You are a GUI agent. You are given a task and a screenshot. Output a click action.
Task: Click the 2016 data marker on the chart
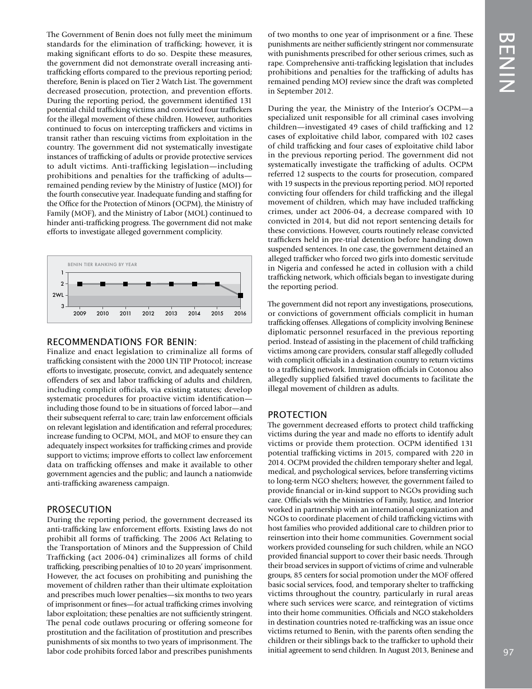[x=240, y=295]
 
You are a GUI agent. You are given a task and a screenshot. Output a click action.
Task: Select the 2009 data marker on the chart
[x=80, y=284]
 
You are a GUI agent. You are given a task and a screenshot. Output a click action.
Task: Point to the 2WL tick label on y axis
[x=58, y=295]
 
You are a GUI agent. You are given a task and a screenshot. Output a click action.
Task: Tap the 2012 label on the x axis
[x=148, y=314]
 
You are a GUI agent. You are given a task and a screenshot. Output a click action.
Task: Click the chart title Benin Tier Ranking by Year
[x=102, y=264]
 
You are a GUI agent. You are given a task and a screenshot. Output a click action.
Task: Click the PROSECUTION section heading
[x=79, y=509]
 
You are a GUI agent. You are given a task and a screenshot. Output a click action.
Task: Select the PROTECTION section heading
[x=297, y=415]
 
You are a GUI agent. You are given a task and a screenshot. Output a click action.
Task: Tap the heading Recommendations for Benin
[x=122, y=342]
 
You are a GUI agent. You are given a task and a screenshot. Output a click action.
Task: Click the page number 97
[x=508, y=652]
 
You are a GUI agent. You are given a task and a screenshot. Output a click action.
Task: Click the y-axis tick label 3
[x=62, y=306]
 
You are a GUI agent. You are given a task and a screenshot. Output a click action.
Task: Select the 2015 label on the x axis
[x=217, y=314]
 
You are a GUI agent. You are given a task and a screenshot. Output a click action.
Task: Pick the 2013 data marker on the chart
[x=171, y=284]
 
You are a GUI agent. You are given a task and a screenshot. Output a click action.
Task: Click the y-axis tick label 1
[x=62, y=273]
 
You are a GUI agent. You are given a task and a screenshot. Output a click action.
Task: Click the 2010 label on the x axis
[x=102, y=314]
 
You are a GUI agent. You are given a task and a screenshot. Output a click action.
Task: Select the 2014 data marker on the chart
[x=194, y=284]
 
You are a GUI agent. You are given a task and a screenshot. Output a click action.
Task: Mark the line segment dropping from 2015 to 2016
[x=229, y=290]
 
